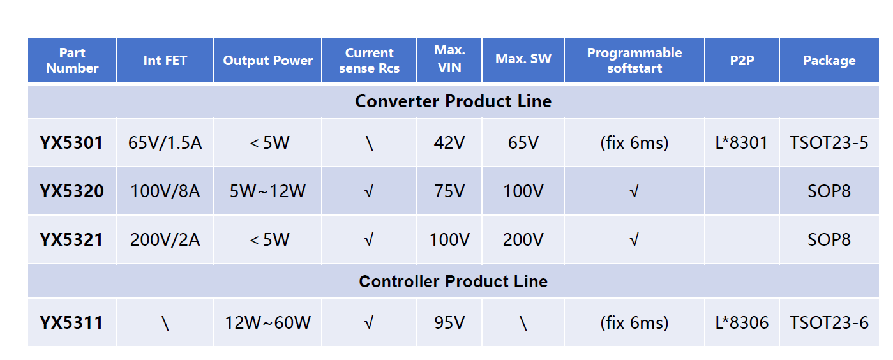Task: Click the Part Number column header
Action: click(x=72, y=60)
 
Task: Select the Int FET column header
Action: click(x=165, y=60)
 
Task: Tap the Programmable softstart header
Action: click(x=634, y=60)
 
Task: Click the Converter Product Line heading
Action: click(x=453, y=101)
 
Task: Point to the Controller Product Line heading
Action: click(x=453, y=281)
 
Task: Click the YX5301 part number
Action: click(x=71, y=143)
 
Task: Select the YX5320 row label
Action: click(x=71, y=191)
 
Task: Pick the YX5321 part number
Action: click(x=71, y=239)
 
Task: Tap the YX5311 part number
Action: click(x=71, y=322)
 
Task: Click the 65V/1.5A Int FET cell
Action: click(x=165, y=143)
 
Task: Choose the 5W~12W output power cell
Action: click(x=267, y=191)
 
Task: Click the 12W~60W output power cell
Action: click(x=267, y=322)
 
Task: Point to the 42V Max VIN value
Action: click(x=449, y=143)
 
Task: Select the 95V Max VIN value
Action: click(x=449, y=322)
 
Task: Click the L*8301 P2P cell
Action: click(x=742, y=143)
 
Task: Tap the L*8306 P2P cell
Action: click(x=742, y=322)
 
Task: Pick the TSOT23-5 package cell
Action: click(x=829, y=143)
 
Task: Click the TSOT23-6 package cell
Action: click(x=829, y=322)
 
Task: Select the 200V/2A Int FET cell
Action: click(x=165, y=239)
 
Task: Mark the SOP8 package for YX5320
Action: click(x=829, y=191)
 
